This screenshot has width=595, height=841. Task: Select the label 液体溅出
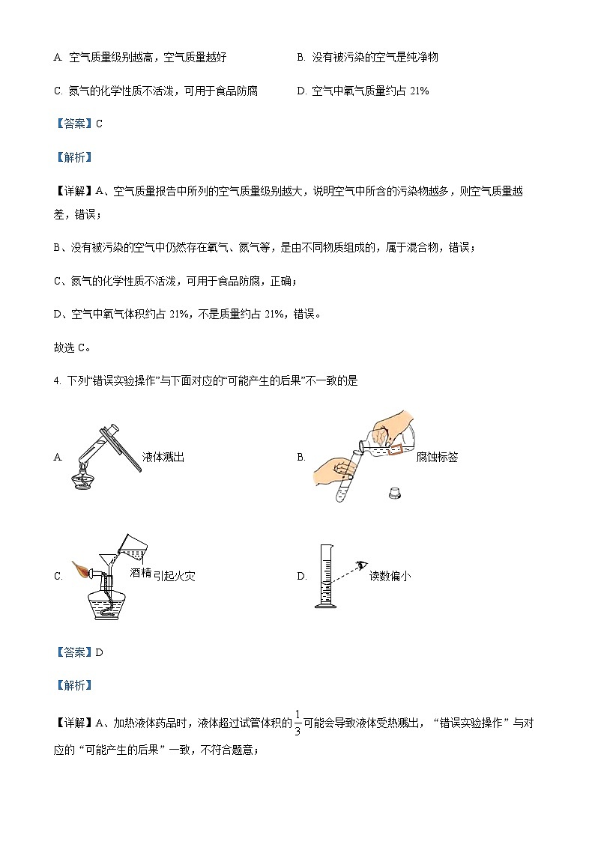tap(163, 457)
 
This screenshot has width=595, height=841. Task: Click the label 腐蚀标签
tap(437, 457)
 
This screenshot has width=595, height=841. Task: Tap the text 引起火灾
tap(178, 575)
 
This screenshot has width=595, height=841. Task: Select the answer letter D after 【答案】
tap(99, 652)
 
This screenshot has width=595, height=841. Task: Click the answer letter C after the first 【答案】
tap(99, 124)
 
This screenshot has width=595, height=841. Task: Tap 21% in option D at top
tap(420, 91)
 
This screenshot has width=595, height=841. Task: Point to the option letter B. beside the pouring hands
tap(301, 457)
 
